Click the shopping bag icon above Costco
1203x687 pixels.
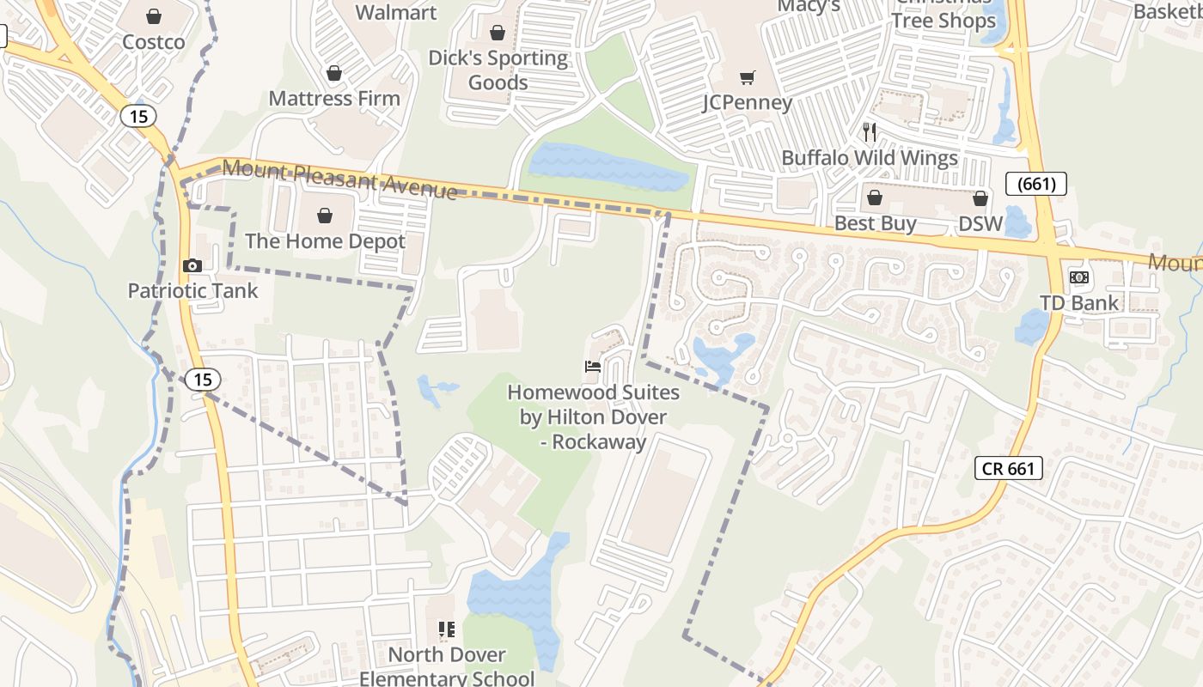tap(154, 15)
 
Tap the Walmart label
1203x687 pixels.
tap(396, 12)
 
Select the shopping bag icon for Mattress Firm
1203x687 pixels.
tap(334, 73)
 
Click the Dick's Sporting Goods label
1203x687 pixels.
tap(498, 70)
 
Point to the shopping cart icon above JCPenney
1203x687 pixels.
tap(747, 78)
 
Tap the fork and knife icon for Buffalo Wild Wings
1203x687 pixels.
tap(870, 131)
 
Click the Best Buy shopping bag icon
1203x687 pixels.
tap(875, 198)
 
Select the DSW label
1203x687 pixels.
tap(980, 223)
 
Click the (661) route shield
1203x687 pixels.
tap(1035, 183)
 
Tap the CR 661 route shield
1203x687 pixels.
tap(1009, 468)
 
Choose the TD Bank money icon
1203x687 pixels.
tap(1079, 277)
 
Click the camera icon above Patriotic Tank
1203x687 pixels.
tap(192, 265)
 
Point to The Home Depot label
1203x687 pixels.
tap(325, 241)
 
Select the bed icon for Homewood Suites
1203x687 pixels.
tap(592, 367)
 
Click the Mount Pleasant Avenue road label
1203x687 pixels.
tap(339, 179)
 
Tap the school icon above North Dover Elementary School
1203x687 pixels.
tap(446, 629)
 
